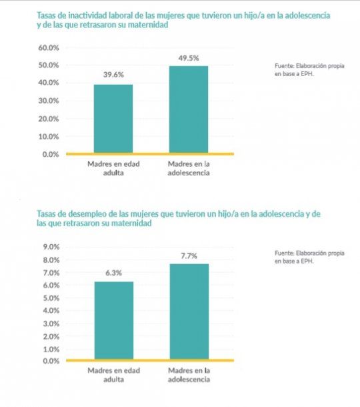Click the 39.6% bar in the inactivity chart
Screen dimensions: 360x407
pos(113,119)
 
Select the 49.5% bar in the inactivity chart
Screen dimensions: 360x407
pos(189,109)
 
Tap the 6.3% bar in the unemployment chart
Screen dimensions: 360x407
pos(114,320)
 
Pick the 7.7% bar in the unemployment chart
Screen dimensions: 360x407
pos(189,312)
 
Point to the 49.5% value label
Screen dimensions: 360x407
pos(189,58)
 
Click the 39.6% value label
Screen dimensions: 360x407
pos(113,75)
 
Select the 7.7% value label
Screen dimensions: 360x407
pos(189,256)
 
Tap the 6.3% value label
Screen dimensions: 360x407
pos(113,273)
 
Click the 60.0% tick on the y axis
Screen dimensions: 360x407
pos(49,48)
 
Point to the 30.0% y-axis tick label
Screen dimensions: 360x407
pos(49,101)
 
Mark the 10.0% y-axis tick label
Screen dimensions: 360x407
pos(49,137)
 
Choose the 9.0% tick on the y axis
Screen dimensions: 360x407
pos(51,247)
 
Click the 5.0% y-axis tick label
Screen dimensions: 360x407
pos(51,298)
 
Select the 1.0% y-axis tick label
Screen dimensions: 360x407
pos(51,350)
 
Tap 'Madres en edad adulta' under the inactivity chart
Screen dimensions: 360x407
pos(113,168)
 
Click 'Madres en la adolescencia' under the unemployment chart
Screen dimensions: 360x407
pos(189,375)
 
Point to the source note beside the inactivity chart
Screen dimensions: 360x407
pos(309,70)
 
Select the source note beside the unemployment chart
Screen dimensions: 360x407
pos(309,257)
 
